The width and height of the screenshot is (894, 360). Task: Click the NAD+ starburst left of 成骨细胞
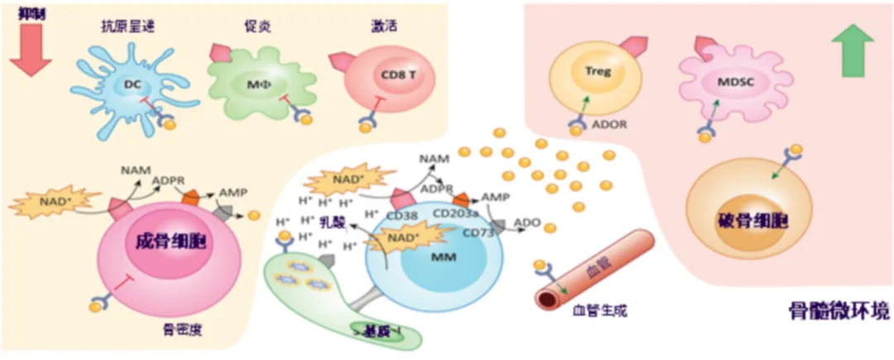coord(56,202)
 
